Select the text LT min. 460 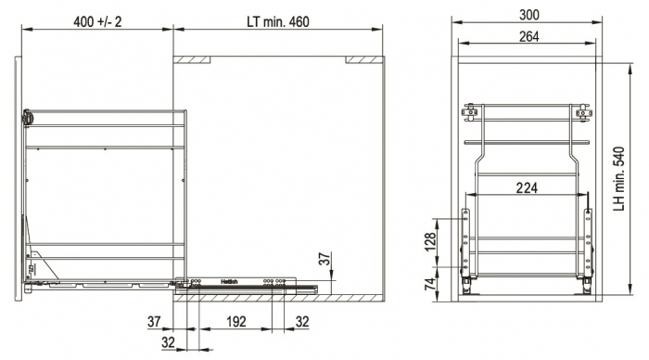pos(278,19)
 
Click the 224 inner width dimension pos(526,188)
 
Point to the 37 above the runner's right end pos(324,260)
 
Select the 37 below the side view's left pos(154,322)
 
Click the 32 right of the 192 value pos(301,322)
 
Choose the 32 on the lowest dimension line pos(168,341)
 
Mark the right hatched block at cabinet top pos(363,59)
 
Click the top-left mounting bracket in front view pos(471,113)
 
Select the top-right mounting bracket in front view pos(581,113)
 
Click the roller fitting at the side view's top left pos(29,118)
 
